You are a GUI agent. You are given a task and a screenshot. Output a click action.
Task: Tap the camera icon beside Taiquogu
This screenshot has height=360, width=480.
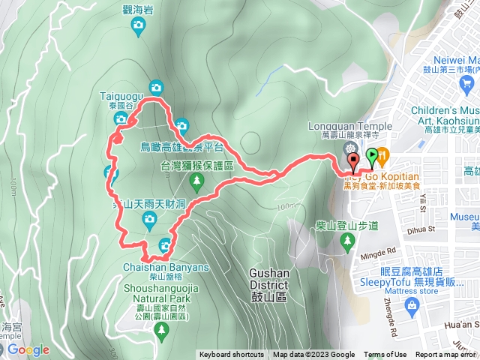click(x=156, y=87)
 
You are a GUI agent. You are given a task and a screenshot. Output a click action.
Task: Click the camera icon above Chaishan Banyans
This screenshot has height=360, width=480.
click(x=166, y=244)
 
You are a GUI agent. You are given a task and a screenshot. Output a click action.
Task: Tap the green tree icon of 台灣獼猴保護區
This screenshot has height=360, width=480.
click(x=196, y=181)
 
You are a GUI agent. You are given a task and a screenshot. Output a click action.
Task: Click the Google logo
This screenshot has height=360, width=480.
click(x=28, y=349)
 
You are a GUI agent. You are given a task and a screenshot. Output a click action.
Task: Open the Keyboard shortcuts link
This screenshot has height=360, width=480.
click(x=232, y=355)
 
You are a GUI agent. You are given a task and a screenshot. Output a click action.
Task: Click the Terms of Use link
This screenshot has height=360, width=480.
click(x=385, y=355)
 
